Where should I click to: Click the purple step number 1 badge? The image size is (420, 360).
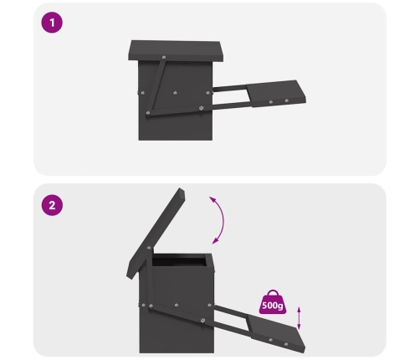coord(52,23)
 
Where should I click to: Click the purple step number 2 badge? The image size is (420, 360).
coord(52,205)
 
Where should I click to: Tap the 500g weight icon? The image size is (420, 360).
coord(273,302)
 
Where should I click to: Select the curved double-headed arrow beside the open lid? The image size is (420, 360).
coord(222,220)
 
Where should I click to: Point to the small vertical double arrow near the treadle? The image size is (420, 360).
coord(299,318)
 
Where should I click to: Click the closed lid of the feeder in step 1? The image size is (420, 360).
coord(176,51)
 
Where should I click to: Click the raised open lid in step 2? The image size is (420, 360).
coord(156,233)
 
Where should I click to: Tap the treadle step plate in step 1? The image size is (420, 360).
coord(276,93)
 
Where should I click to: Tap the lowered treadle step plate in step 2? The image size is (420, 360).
coord(276,333)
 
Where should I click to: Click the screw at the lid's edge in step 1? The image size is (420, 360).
coord(164,58)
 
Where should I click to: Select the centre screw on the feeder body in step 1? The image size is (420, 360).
coord(175,93)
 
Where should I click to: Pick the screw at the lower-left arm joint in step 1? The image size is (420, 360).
coord(148,113)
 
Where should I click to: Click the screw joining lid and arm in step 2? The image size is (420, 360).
coord(149,248)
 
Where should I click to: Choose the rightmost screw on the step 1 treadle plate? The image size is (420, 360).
coord(286,100)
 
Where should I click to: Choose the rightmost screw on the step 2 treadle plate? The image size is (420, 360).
coord(286,344)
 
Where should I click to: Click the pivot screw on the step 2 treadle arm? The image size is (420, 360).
coord(202,320)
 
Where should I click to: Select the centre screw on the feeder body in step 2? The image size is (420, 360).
coord(177,306)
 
